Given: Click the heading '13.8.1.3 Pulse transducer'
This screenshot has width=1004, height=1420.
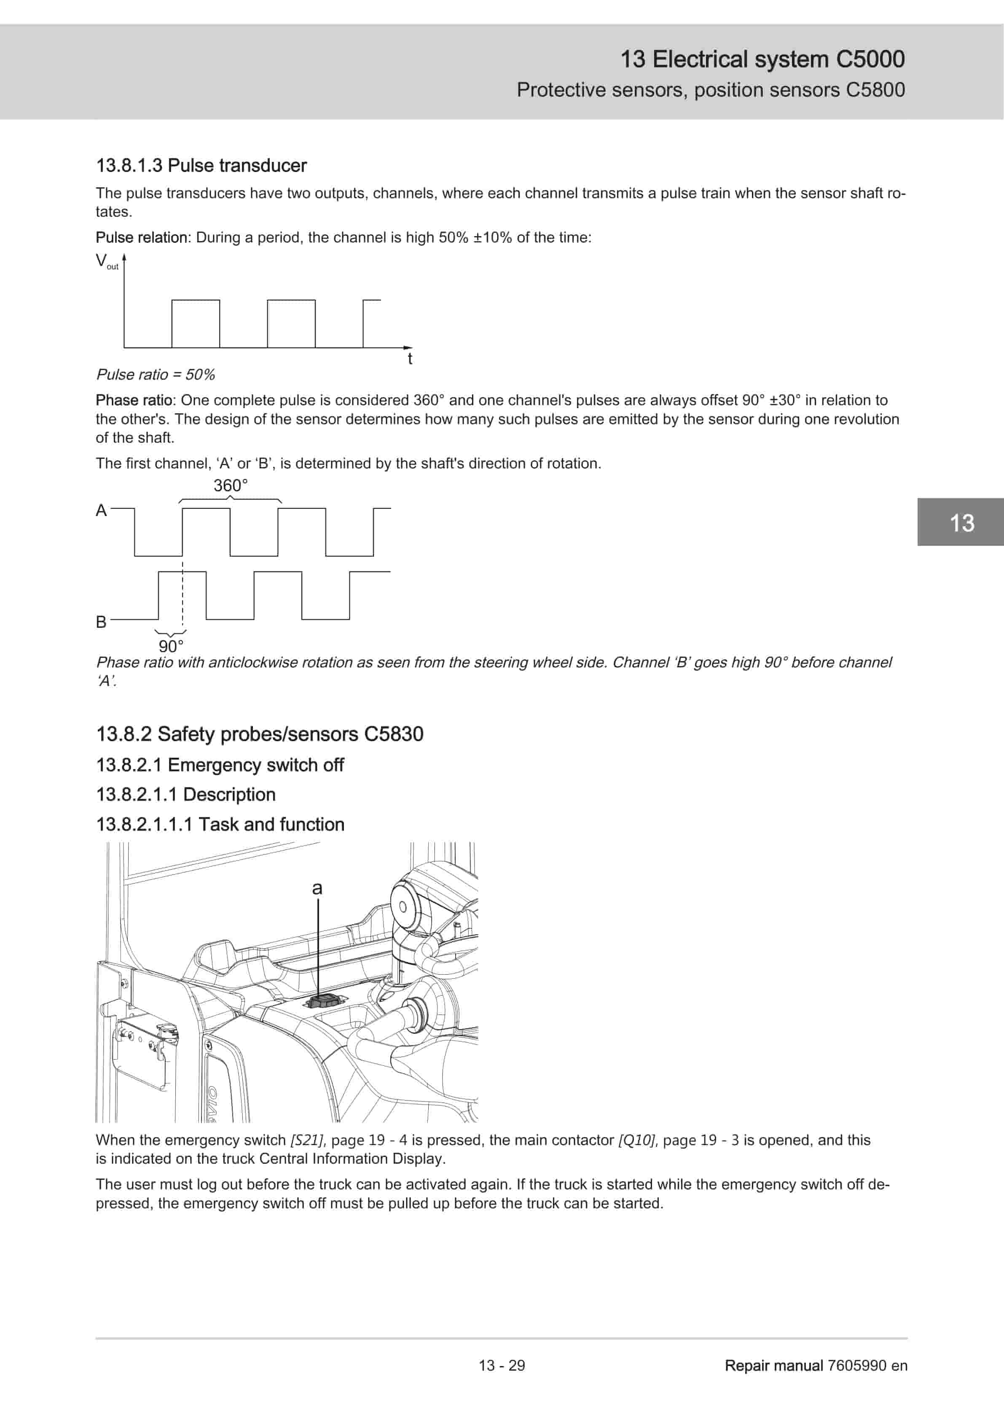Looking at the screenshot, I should click(201, 166).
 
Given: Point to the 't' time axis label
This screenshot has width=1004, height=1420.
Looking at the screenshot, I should click(409, 359).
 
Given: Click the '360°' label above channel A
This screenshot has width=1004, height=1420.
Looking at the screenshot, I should click(231, 486).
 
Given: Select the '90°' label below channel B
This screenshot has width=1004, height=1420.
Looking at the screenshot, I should click(171, 646).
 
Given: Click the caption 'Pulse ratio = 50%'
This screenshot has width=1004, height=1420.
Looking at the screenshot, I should click(155, 375).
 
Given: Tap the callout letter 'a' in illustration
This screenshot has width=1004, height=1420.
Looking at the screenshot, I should click(317, 889).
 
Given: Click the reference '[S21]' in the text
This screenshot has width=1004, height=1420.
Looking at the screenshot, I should click(307, 1140).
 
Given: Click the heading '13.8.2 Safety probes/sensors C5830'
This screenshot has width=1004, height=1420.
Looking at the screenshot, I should click(260, 734).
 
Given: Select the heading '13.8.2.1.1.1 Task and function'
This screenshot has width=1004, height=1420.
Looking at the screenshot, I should click(220, 824).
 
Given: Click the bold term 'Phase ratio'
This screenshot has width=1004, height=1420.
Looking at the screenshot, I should click(134, 400).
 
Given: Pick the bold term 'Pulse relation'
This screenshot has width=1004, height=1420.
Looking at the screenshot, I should click(142, 237).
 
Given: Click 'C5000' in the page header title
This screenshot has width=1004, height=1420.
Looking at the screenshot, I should click(870, 59).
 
